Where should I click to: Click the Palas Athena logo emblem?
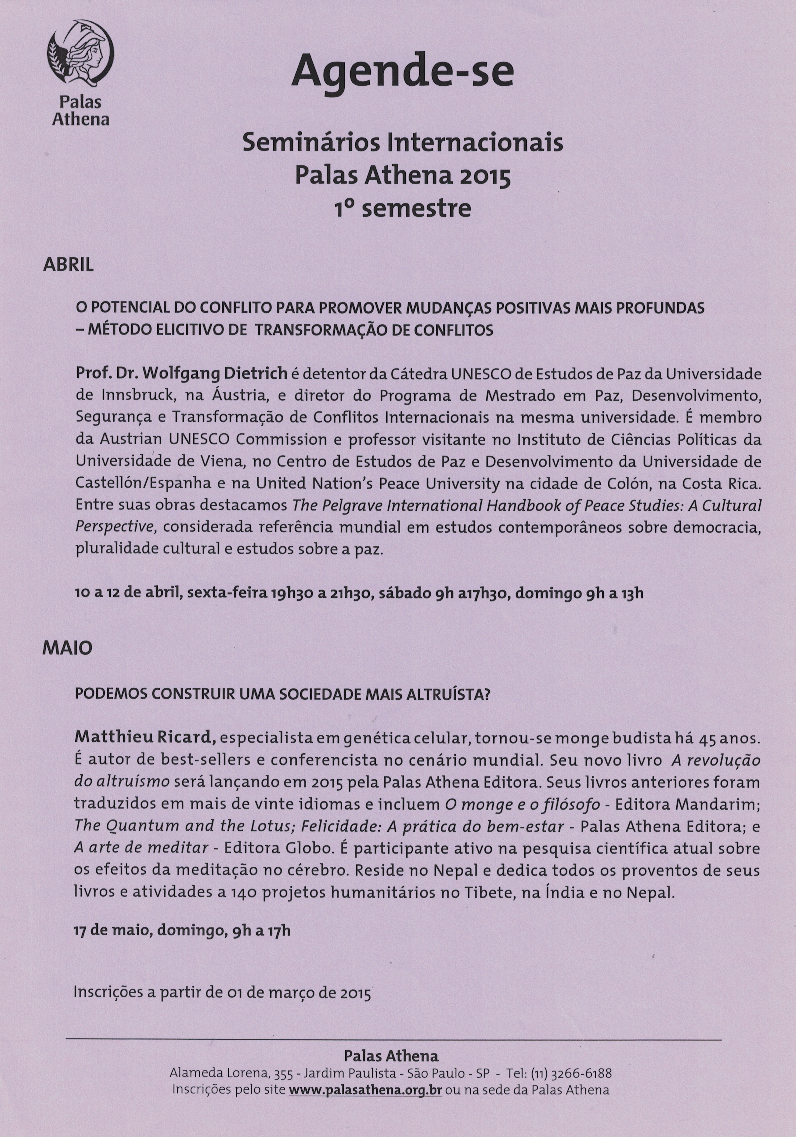[81, 53]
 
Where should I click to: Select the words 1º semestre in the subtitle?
[402, 208]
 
